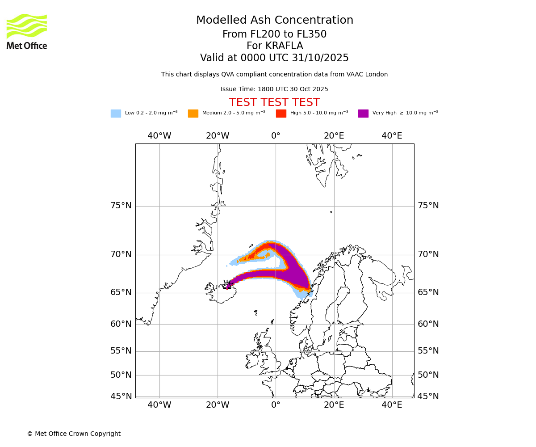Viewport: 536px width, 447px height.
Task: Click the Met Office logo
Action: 27,31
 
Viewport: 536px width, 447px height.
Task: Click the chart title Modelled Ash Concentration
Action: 275,21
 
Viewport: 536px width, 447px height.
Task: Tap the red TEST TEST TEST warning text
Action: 274,102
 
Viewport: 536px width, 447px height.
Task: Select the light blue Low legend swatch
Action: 116,114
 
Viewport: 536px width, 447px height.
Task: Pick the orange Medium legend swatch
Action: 193,114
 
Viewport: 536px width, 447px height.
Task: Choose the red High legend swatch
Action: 281,114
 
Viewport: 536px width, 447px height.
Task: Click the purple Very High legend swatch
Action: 363,114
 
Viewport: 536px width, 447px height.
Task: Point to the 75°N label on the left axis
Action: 121,206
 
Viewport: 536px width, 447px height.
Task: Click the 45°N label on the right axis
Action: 428,396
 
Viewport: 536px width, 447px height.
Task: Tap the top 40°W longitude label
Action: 159,136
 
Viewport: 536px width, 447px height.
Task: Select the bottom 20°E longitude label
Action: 334,405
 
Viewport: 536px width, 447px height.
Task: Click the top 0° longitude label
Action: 276,136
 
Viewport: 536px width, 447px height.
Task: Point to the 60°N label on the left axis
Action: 121,324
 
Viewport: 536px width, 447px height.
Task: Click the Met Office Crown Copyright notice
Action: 74,434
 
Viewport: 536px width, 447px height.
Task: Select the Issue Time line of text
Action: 274,89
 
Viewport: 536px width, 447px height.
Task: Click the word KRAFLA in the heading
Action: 285,46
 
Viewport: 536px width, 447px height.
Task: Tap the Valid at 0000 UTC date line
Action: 274,58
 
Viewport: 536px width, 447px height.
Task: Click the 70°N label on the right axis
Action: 428,254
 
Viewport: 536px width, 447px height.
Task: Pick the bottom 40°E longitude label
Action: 392,405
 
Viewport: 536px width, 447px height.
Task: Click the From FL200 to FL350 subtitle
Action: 274,34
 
